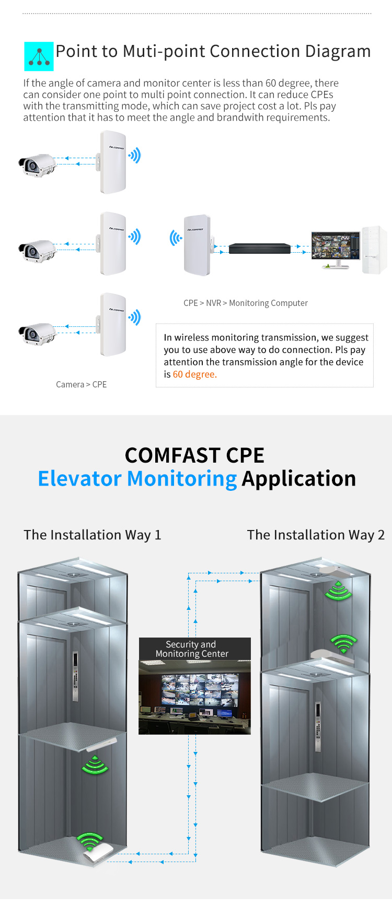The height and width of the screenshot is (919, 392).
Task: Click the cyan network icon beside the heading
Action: tap(39, 56)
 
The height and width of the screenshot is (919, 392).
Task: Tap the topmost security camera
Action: tap(37, 165)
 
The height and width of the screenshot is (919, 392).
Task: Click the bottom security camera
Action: tap(37, 334)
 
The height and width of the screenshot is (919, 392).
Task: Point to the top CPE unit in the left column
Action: tap(113, 162)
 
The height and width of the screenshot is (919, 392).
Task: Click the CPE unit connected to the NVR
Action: tap(197, 244)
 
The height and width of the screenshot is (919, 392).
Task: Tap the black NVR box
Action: tap(259, 249)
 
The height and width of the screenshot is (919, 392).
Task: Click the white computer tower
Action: tap(374, 250)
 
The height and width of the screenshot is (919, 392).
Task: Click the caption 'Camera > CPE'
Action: tap(81, 384)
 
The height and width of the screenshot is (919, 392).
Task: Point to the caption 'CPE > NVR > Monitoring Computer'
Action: tap(245, 303)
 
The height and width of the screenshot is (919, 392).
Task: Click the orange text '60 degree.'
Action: tap(194, 374)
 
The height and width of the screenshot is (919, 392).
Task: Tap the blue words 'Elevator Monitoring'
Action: tap(137, 478)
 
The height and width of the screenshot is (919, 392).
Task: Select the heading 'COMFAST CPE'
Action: tap(194, 455)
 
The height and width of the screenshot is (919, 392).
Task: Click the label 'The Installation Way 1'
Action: tap(93, 535)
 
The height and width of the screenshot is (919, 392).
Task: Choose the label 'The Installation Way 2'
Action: tap(316, 535)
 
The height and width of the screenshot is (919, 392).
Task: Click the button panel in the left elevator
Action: tap(75, 676)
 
